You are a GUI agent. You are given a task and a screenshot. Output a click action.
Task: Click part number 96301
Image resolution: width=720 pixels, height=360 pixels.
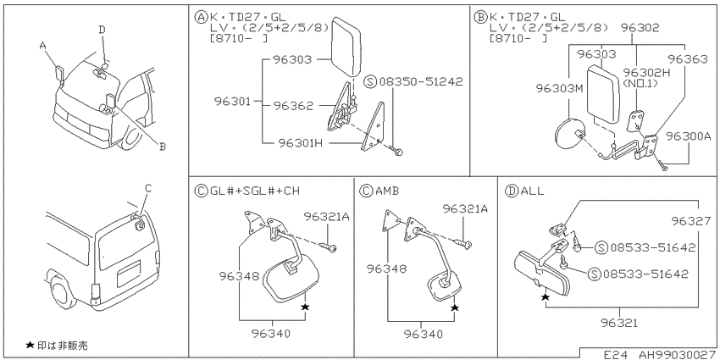(232, 101)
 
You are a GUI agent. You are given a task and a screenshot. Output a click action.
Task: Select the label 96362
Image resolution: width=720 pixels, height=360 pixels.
(293, 106)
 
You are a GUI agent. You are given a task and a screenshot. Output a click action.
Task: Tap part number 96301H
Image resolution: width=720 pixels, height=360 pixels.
(300, 143)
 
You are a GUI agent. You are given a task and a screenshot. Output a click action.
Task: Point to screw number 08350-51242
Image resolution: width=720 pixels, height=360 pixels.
(421, 81)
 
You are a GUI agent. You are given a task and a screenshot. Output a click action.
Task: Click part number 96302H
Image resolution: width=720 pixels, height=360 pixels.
(641, 73)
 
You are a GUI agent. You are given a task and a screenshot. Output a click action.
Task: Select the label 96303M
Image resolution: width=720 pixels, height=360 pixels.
(559, 88)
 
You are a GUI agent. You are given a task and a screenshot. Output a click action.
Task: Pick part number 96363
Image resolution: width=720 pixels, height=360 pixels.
(688, 58)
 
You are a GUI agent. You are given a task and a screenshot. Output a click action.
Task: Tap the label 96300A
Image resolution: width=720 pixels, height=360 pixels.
(689, 136)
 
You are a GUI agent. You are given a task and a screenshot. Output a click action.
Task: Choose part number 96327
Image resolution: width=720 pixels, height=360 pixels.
(691, 221)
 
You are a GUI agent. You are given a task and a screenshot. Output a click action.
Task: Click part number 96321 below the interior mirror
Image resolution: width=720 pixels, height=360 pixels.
(619, 323)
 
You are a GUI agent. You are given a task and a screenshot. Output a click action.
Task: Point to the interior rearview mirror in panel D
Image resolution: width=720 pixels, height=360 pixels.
(542, 273)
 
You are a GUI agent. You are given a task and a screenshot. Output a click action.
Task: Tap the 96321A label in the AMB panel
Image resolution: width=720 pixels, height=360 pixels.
(465, 209)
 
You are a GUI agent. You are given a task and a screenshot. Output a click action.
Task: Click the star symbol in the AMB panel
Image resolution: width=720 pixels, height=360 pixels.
(455, 307)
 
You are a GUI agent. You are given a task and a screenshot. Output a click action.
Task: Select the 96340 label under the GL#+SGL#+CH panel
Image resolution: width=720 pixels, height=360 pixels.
(272, 334)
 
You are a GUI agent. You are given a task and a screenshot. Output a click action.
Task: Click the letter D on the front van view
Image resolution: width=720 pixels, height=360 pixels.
(102, 30)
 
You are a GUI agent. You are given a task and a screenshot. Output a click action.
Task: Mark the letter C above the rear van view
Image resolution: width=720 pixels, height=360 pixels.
(148, 188)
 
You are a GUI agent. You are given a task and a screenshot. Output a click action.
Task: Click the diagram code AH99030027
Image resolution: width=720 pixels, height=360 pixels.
(677, 354)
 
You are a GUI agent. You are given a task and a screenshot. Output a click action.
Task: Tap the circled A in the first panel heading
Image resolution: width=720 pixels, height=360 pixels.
(201, 17)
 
